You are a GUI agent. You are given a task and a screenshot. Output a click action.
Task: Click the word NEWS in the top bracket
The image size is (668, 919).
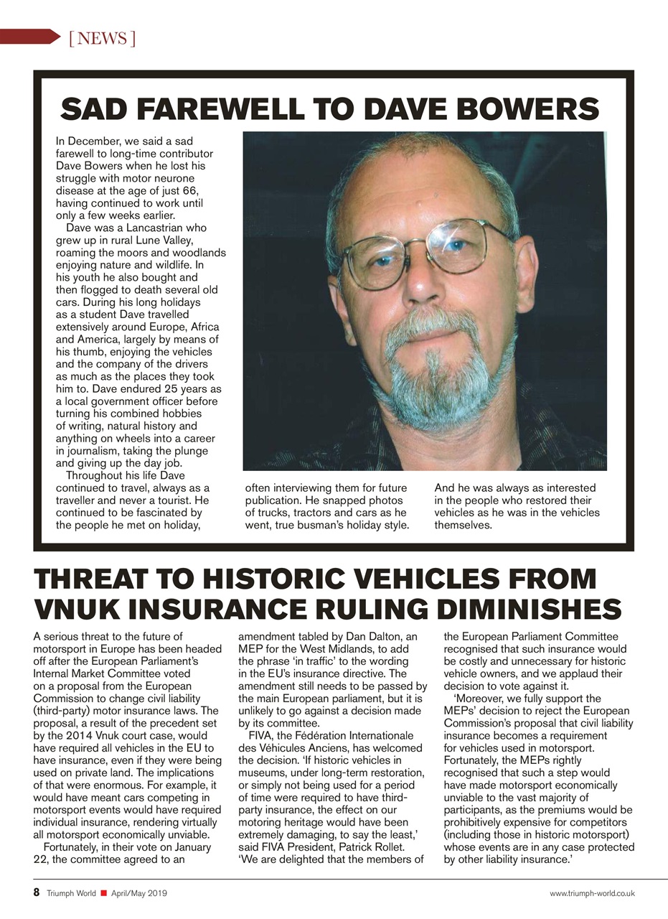pos(102,38)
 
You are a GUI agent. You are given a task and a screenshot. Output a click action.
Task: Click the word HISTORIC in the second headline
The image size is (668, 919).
pos(257,579)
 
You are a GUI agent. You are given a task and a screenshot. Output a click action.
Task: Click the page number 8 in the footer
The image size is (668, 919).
pos(37,892)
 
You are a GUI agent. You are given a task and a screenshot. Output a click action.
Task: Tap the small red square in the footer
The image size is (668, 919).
pos(103,893)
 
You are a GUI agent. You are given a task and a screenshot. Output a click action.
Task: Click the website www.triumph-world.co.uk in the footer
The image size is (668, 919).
pos(592,893)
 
